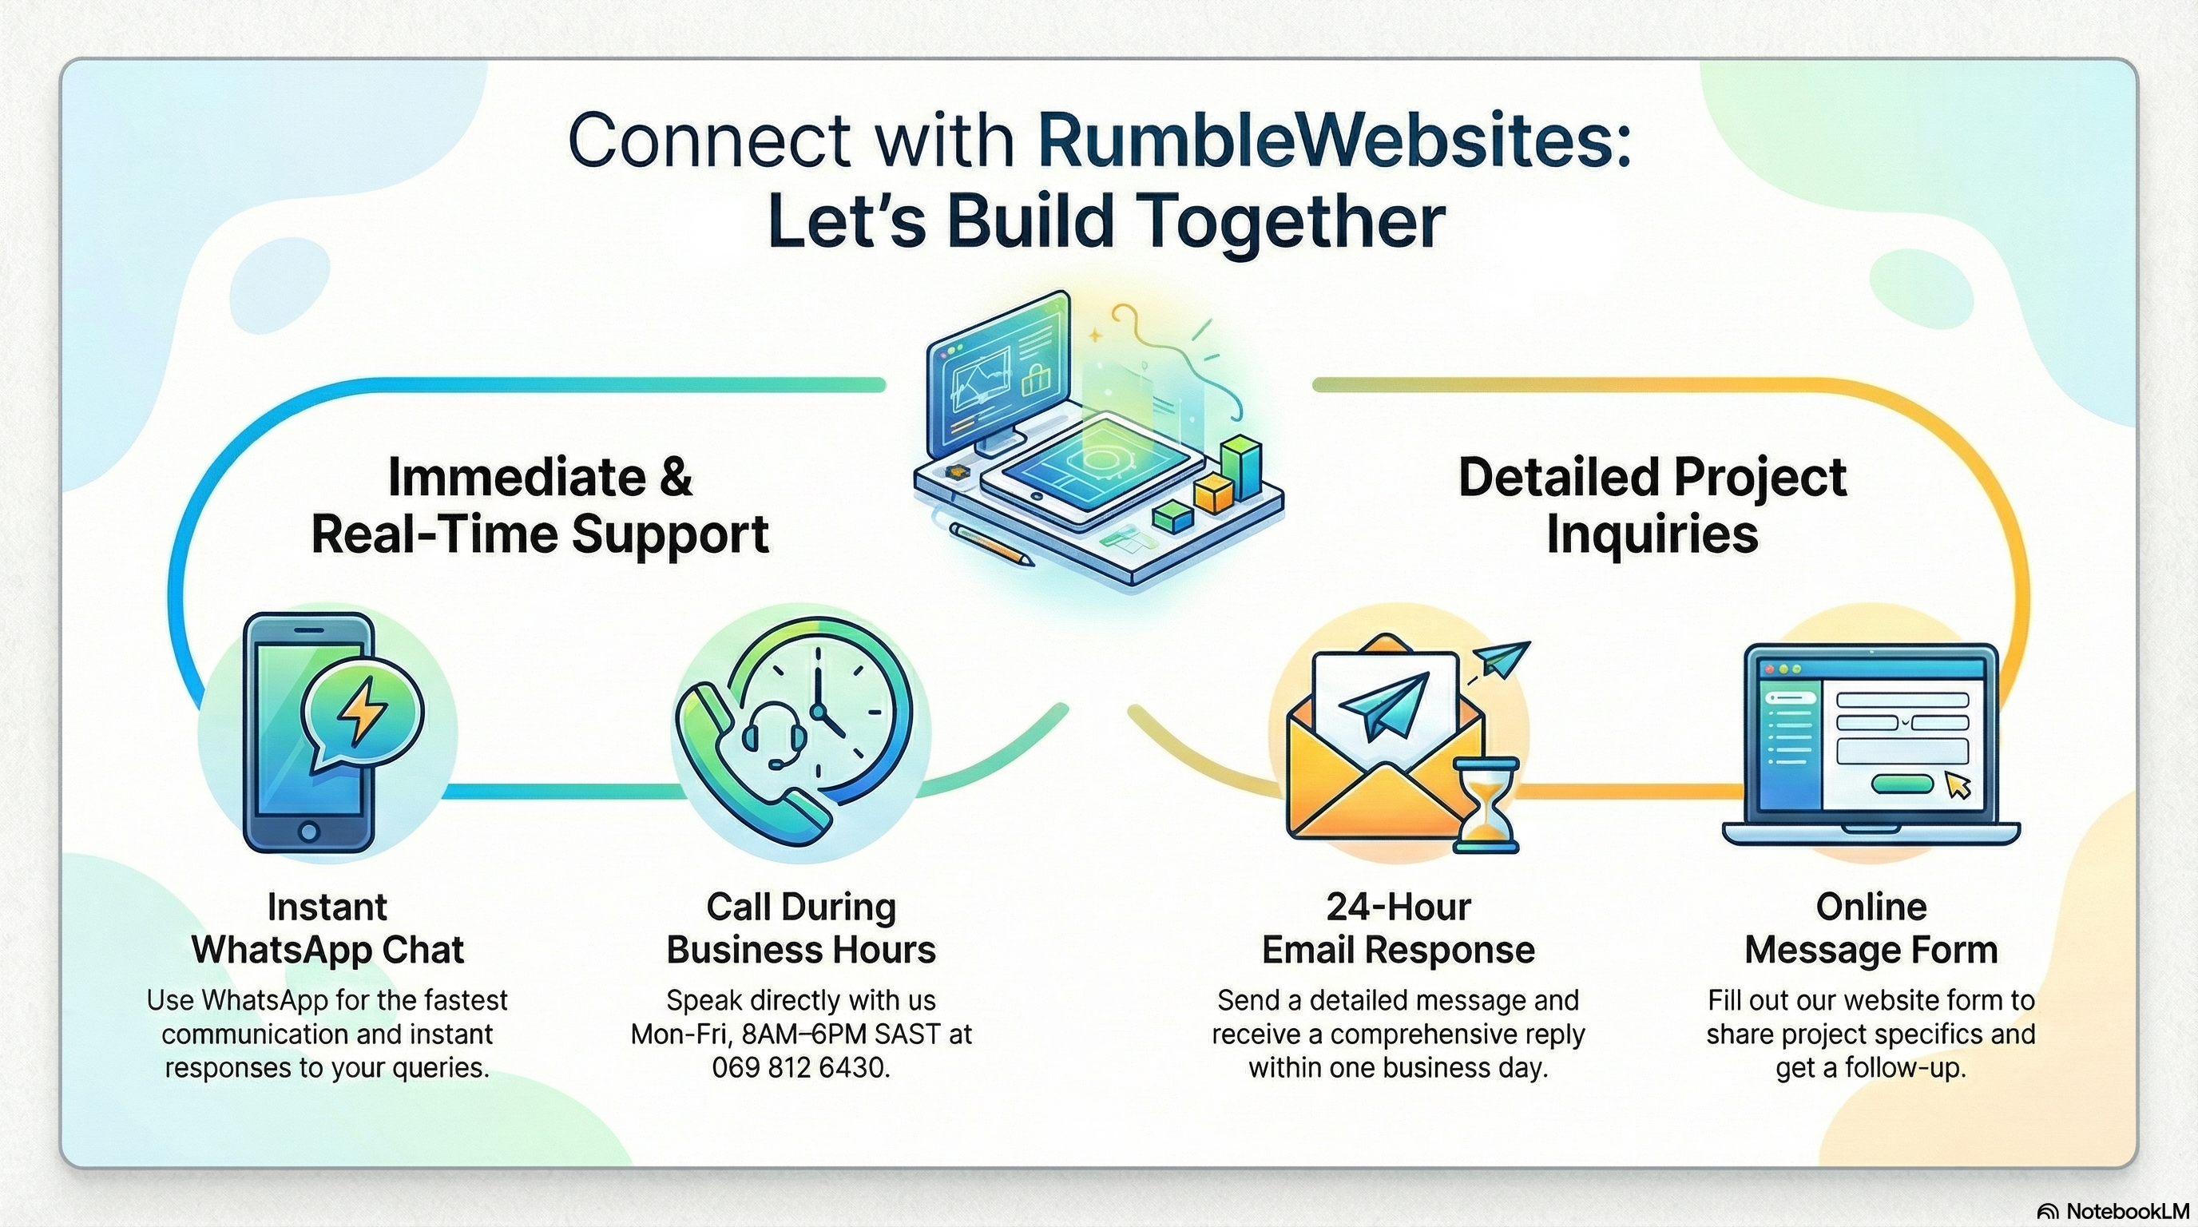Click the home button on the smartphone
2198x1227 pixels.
tap(309, 830)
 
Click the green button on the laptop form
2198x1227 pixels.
tap(1901, 784)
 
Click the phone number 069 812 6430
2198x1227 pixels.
tap(800, 1067)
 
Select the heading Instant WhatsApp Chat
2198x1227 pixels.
tap(327, 928)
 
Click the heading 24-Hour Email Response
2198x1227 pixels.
tap(1398, 928)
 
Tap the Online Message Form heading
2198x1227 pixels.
tap(1871, 928)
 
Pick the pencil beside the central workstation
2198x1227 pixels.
tap(991, 544)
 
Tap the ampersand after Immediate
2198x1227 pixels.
tap(675, 477)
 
